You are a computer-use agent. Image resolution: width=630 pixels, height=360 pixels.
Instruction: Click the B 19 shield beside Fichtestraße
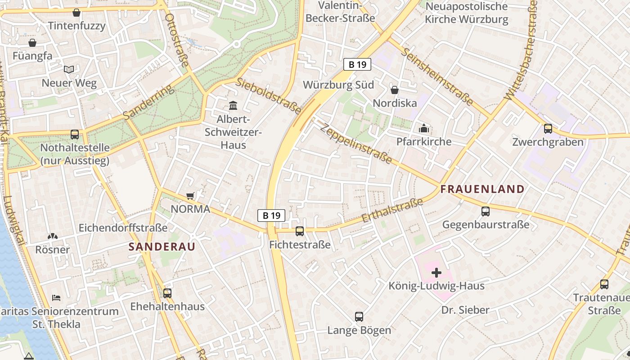(x=271, y=216)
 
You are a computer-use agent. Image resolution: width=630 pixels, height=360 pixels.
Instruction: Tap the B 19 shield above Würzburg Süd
(x=357, y=64)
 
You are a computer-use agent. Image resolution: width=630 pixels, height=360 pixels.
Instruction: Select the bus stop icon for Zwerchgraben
(x=548, y=129)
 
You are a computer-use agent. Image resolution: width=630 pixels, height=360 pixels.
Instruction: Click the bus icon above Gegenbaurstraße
(x=485, y=211)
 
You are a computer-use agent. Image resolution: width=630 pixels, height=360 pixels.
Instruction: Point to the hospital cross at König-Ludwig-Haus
(x=436, y=272)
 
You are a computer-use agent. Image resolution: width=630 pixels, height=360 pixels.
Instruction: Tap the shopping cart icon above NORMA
(x=190, y=196)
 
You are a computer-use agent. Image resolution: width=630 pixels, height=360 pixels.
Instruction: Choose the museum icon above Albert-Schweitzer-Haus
(x=233, y=106)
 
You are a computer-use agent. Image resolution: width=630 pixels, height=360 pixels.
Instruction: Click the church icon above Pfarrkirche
(x=423, y=128)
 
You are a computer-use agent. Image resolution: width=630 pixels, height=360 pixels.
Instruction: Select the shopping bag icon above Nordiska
(x=395, y=90)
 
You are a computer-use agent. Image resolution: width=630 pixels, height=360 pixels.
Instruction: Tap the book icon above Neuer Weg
(x=69, y=69)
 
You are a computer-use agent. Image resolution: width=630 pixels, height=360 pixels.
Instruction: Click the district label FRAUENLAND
(x=482, y=189)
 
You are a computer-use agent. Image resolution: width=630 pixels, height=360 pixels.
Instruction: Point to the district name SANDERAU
(x=162, y=247)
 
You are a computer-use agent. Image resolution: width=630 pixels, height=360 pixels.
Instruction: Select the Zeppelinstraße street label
(x=356, y=143)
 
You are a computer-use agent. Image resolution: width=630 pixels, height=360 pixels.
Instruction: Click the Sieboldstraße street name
(x=269, y=95)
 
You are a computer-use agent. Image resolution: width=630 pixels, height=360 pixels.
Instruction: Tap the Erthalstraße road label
(x=392, y=210)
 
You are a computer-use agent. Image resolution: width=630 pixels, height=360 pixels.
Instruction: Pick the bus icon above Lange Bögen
(x=359, y=316)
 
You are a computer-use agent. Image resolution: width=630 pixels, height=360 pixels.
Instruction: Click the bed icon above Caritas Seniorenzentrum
(x=56, y=297)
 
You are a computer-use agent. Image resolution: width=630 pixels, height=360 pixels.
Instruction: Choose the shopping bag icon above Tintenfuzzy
(x=76, y=13)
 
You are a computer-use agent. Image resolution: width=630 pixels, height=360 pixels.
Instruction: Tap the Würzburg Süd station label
(x=338, y=85)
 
